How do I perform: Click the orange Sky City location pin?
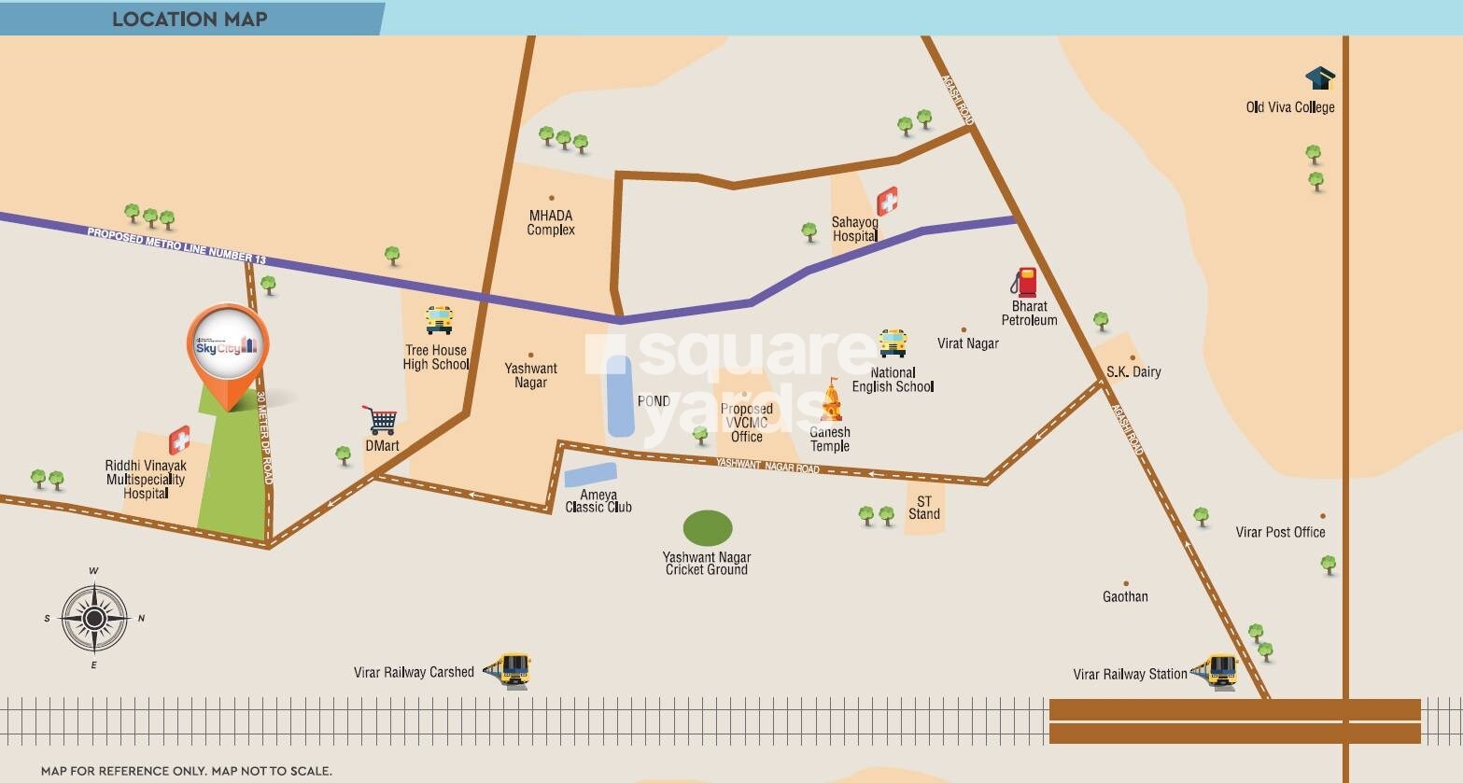point(228,347)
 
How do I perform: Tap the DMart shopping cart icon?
point(380,420)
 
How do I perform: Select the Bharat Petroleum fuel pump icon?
point(1025,282)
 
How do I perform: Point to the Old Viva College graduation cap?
point(1320,78)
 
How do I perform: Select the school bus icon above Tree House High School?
point(439,320)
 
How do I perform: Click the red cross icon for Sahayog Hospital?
point(887,201)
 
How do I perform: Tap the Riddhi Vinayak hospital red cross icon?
point(179,440)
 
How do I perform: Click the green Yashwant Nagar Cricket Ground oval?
point(708,528)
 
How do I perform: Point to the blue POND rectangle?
point(620,396)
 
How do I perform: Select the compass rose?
point(94,618)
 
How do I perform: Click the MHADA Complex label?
point(551,223)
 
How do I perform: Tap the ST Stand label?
point(923,508)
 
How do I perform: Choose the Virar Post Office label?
point(1280,532)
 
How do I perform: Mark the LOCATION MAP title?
point(190,19)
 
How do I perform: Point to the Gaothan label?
point(1125,596)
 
